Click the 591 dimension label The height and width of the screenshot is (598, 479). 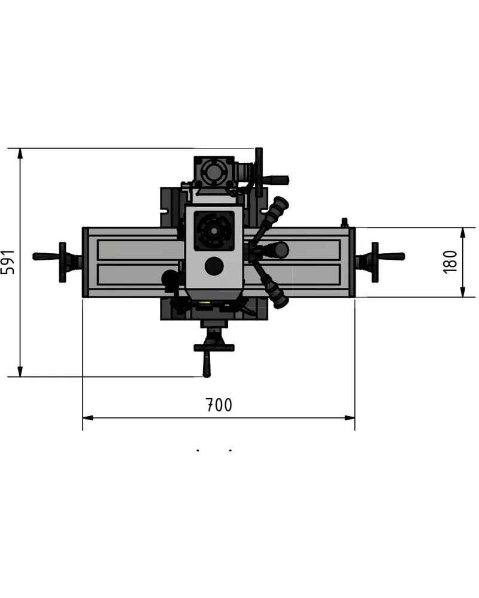coord(8,262)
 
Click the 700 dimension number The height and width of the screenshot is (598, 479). coord(219,405)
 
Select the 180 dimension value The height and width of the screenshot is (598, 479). coord(450,262)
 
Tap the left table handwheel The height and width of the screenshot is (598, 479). coord(62,262)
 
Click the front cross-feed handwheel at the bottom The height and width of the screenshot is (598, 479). coord(214,347)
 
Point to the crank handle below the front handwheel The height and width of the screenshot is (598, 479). coord(207,364)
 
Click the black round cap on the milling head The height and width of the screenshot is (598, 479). coord(214,266)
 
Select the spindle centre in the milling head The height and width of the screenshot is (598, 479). coord(214,231)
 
